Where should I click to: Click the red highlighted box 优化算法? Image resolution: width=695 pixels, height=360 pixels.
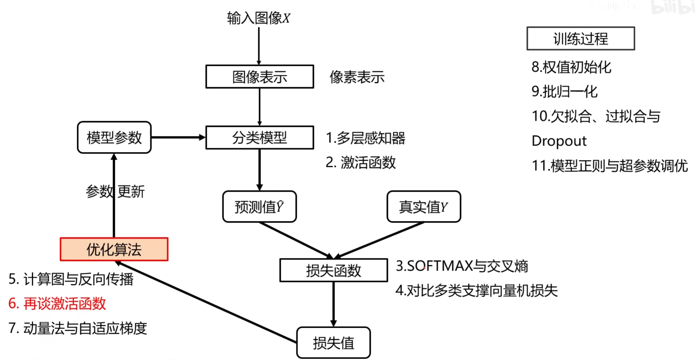[114, 249]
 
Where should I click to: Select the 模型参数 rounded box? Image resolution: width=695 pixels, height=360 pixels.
[114, 137]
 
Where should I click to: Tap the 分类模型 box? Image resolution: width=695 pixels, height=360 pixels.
[260, 137]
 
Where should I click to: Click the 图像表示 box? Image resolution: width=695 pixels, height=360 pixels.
[260, 77]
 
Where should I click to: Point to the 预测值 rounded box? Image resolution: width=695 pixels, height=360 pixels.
[259, 207]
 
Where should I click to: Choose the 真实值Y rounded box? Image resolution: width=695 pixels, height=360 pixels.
[423, 207]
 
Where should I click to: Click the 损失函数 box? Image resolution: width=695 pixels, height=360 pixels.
[333, 270]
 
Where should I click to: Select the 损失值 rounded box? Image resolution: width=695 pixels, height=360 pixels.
[333, 343]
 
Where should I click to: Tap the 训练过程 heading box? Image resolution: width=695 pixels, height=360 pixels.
[580, 39]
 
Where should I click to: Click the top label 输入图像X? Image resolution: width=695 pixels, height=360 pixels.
[258, 18]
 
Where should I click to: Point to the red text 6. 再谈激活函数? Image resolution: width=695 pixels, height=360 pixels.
[57, 303]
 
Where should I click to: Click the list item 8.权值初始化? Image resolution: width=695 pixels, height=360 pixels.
[571, 67]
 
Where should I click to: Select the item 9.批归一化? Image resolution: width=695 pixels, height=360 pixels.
[564, 92]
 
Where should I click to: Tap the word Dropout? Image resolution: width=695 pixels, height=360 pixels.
[559, 141]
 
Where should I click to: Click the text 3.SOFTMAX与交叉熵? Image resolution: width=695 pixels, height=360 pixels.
[462, 266]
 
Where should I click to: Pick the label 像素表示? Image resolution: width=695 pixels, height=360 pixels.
[357, 77]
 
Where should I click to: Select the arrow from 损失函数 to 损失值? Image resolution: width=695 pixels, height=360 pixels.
[333, 304]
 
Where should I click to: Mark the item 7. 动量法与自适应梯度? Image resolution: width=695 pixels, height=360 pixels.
[78, 328]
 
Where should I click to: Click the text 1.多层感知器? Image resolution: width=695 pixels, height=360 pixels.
[365, 138]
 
